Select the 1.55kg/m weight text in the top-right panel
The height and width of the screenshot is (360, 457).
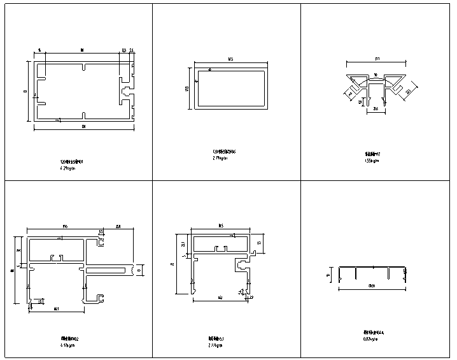(372, 161)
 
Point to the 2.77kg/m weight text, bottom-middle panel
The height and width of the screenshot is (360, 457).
(215, 345)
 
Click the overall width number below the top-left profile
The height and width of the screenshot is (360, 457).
(83, 128)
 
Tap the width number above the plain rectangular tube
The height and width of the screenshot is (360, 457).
(229, 60)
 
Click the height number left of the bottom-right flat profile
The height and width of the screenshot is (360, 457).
(328, 275)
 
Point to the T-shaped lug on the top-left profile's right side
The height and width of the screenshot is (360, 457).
(125, 91)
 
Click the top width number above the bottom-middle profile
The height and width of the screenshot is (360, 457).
(220, 226)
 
